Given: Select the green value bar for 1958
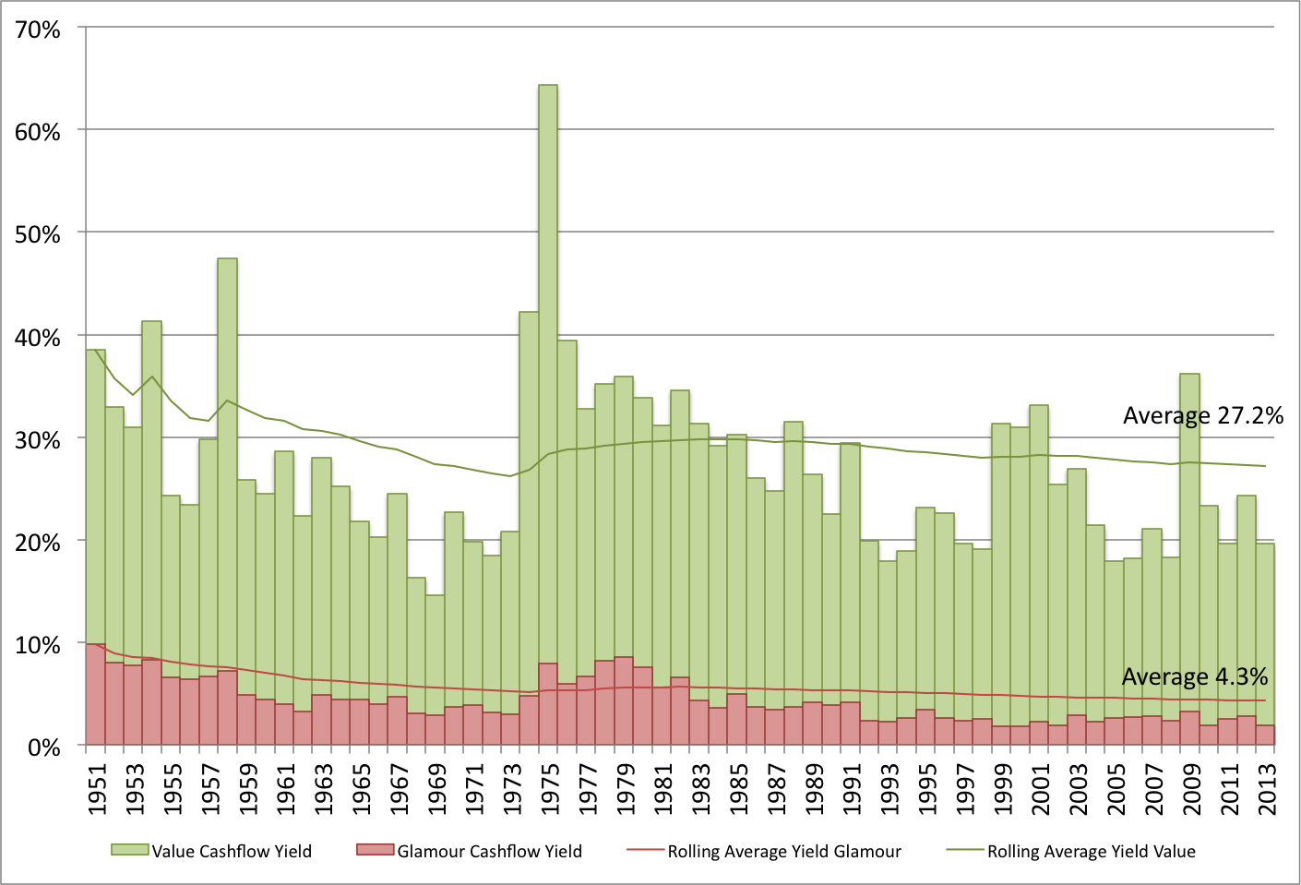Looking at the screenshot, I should pos(227,461).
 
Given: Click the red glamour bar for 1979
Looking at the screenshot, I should pos(623,701).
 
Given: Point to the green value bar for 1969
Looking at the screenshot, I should pos(435,655).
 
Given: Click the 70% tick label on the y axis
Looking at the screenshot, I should pos(38,30).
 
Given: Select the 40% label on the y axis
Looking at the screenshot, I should pos(38,338).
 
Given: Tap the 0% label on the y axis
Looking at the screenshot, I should pos(43,747).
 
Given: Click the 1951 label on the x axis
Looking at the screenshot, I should pos(97,789).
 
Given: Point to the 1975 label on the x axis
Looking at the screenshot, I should pos(550,789).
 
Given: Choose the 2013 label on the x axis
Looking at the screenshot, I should pos(1267,789).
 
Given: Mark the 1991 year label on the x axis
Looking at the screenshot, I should pos(852,789).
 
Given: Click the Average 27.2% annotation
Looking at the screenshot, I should pos(1202,416).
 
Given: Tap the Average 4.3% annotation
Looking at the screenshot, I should pos(1194,677).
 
